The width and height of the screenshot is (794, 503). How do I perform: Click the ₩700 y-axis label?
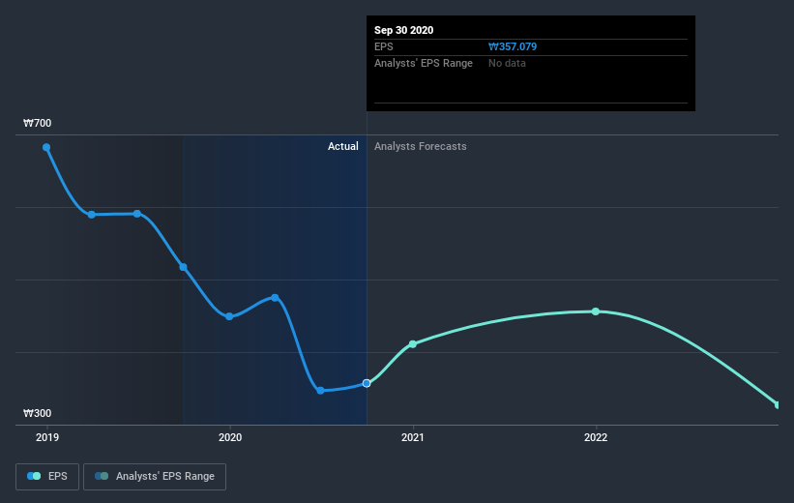coord(38,124)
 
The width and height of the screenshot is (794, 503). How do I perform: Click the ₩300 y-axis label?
coord(38,414)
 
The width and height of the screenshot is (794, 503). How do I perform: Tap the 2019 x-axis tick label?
coord(46,437)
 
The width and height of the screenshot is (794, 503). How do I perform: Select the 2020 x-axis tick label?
coord(230,437)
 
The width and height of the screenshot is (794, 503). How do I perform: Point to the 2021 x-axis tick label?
coord(413,437)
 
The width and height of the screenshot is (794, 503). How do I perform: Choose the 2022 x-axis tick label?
coord(596,437)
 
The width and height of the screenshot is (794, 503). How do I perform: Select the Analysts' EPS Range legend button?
coord(155,477)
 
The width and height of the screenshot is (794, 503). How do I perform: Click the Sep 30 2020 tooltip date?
coord(404,30)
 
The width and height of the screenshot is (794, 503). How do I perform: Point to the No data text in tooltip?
coord(508,63)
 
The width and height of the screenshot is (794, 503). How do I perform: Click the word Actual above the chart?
coord(342,146)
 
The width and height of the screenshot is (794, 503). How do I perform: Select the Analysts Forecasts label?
coord(420,146)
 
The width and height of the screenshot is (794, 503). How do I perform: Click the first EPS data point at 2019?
coord(46,148)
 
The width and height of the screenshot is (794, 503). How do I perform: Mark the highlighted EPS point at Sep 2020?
coord(367,384)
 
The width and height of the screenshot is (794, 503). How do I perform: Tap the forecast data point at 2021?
coord(413,344)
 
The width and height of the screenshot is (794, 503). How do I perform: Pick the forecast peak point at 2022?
coord(596,311)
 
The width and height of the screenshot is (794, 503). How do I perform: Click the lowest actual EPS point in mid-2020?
coord(320,391)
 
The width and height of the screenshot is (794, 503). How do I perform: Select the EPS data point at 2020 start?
coord(229,316)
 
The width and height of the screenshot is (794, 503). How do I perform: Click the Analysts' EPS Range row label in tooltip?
coord(424,63)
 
